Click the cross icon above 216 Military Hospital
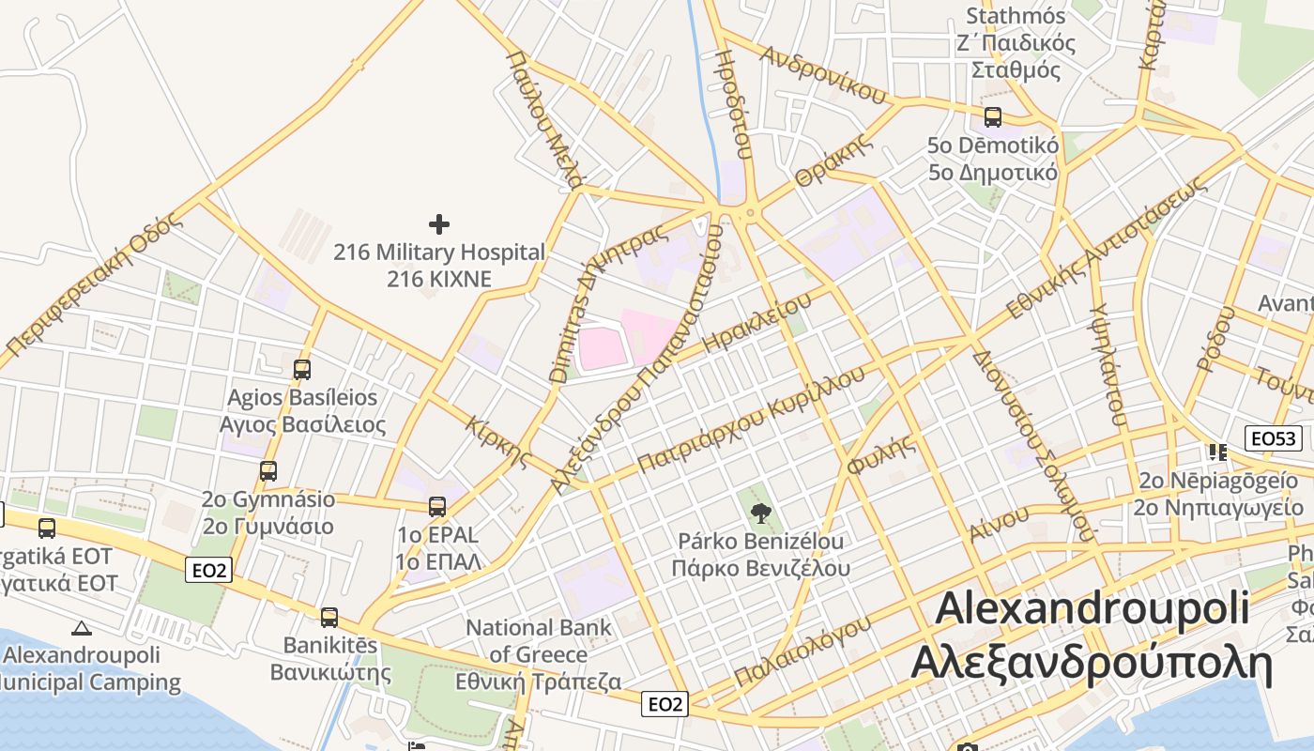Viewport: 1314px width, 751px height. point(438,224)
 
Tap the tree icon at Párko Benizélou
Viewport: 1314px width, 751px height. point(760,513)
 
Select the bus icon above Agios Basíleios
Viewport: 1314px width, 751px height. point(301,370)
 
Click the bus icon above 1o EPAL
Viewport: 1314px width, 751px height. point(437,507)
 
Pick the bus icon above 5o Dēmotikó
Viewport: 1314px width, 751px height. point(992,117)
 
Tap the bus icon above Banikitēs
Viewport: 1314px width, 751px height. point(328,618)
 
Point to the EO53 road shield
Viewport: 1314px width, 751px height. point(1273,437)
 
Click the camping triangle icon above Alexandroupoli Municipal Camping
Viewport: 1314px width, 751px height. point(82,628)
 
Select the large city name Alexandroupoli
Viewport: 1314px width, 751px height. point(1092,608)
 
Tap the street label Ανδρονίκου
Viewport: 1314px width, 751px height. point(824,74)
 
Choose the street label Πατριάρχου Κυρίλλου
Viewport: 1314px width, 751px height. point(751,419)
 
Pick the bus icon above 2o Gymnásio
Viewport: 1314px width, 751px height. point(268,471)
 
